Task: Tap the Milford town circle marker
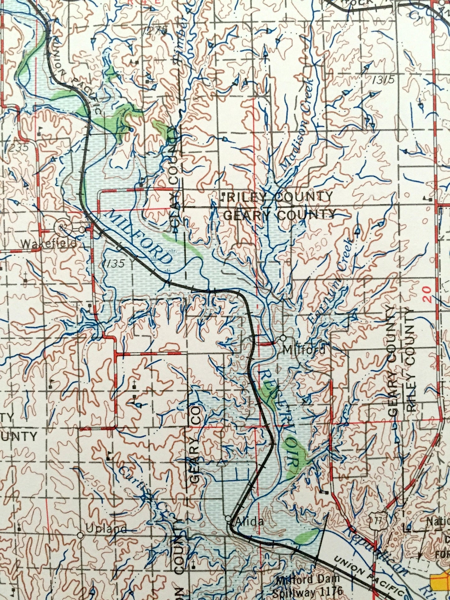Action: click(283, 338)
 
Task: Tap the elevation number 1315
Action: click(383, 80)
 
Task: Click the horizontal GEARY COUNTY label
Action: click(279, 215)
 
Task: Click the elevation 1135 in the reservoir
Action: click(114, 263)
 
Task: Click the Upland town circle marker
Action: click(80, 535)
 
